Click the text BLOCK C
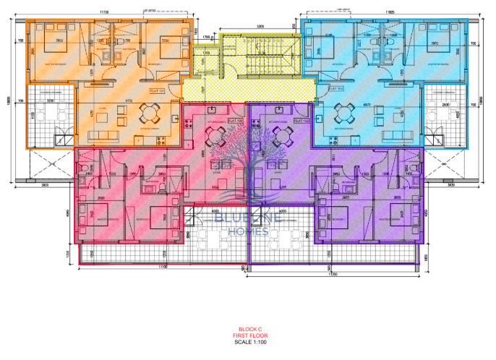tap(248, 329)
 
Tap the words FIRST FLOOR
tap(248, 335)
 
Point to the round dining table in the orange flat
tap(149, 113)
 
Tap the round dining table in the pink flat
tap(215, 134)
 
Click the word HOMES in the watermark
tap(248, 231)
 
